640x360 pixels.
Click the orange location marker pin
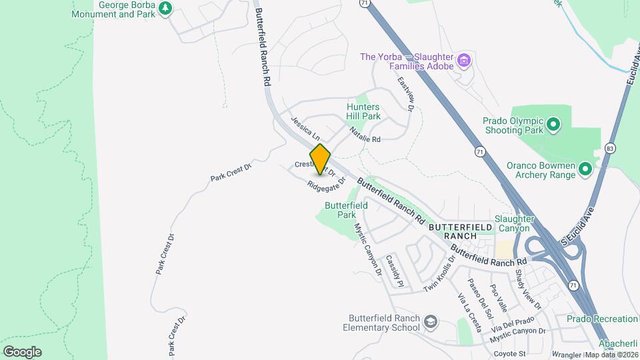320,159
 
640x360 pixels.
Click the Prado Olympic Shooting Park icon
552,124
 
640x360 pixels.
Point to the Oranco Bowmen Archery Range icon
585,169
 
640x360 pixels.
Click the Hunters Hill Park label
363,111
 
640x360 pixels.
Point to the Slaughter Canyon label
514,223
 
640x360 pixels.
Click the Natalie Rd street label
365,136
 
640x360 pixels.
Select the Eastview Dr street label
407,93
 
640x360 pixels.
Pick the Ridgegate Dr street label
326,183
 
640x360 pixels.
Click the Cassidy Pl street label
395,271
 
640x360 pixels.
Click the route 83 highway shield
610,147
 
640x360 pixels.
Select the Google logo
21,352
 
